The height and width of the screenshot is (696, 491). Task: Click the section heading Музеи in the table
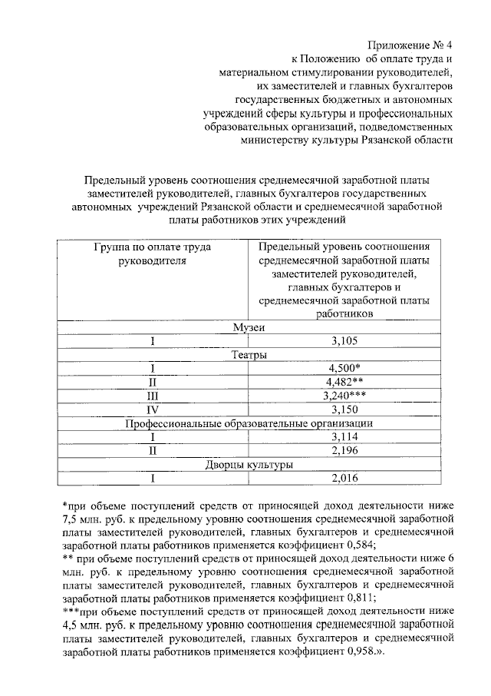click(x=249, y=328)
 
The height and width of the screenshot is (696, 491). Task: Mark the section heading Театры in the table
click(x=249, y=355)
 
